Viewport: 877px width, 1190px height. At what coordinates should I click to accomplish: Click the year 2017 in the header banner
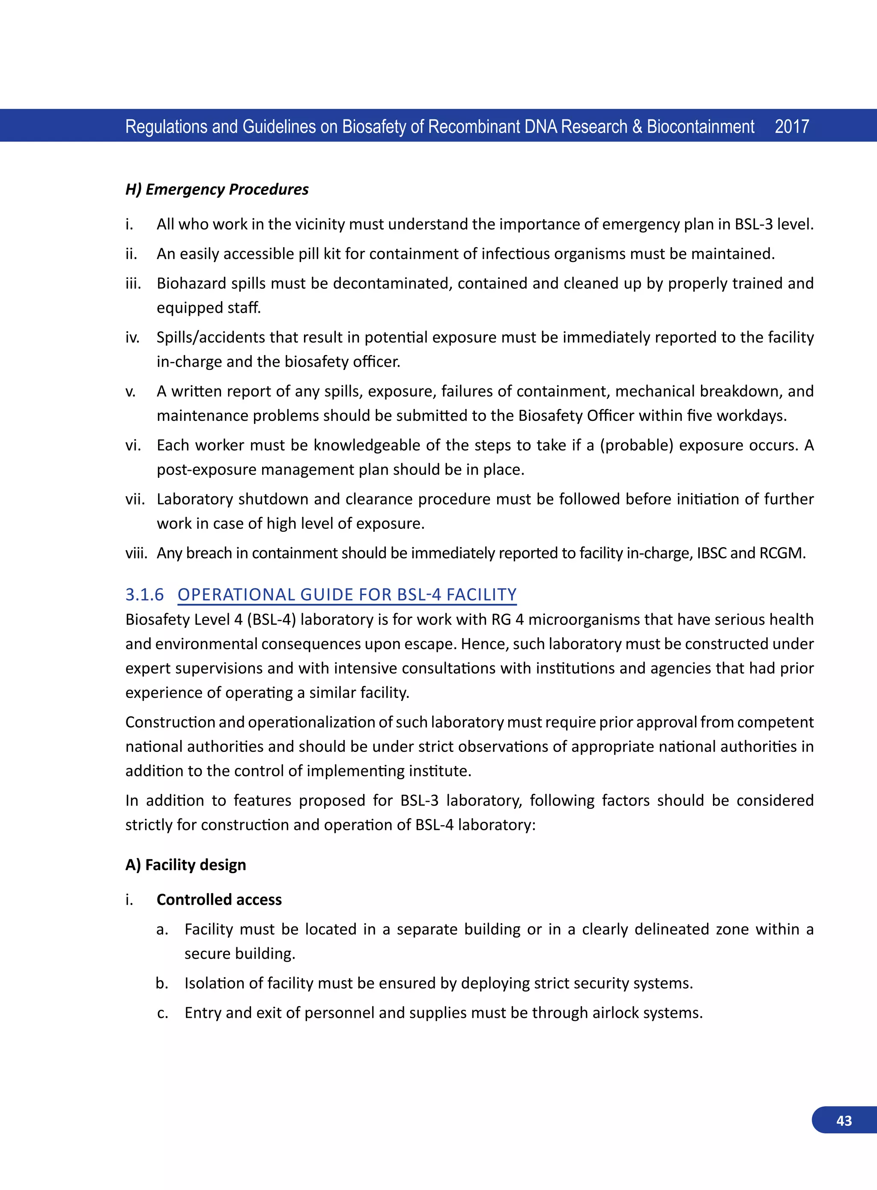[x=791, y=126]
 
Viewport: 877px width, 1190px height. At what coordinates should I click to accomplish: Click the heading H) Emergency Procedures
[x=217, y=190]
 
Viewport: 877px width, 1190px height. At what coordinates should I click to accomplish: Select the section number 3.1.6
[x=144, y=594]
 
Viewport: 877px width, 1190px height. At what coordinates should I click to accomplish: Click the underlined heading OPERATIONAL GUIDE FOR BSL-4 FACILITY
[x=347, y=594]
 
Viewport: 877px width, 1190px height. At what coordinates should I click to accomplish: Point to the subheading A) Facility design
[x=185, y=865]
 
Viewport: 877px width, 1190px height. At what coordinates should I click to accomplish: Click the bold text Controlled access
[x=219, y=900]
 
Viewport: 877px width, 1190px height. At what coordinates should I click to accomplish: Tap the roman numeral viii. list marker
[x=136, y=553]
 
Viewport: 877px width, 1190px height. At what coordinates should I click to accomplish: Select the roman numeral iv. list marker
[x=132, y=337]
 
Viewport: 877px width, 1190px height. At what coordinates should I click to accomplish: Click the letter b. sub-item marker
[x=162, y=984]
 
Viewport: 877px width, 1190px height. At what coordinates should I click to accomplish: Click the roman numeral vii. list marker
[x=135, y=499]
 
